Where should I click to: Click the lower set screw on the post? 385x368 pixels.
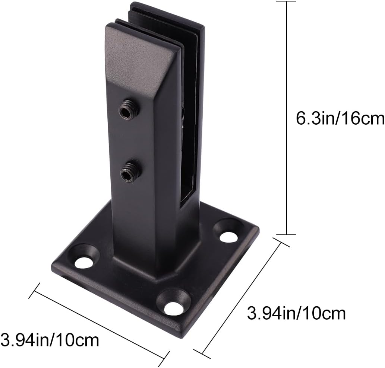pos(129,173)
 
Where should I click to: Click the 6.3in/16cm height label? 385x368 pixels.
pos(340,119)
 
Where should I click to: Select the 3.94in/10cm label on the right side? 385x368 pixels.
pos(296,314)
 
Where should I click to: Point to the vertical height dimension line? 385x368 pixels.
pos(286,119)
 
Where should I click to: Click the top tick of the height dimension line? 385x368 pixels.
pos(286,2)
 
